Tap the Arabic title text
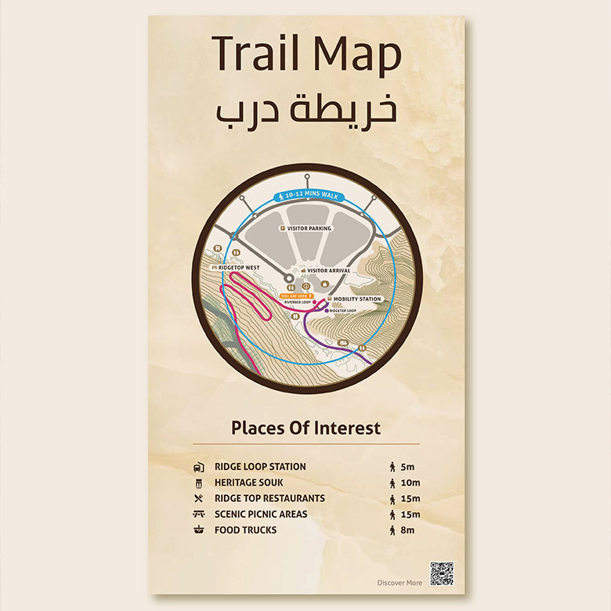click(305, 110)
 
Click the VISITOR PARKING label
click(309, 229)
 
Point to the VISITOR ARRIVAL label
click(327, 270)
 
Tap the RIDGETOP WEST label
click(239, 267)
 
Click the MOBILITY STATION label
click(357, 299)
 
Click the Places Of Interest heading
click(305, 428)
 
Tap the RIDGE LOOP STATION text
click(260, 467)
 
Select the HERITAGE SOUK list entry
click(249, 483)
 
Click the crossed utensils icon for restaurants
click(199, 498)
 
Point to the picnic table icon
click(199, 515)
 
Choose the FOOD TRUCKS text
click(245, 530)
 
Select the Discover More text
click(399, 583)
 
